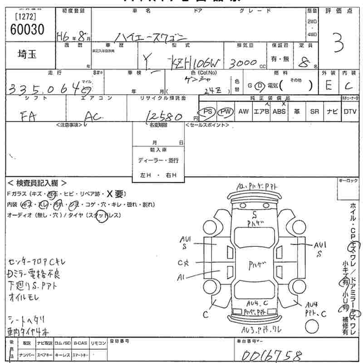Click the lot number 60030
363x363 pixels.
(27, 29)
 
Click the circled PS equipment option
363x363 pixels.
(208, 112)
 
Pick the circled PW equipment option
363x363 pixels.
(225, 112)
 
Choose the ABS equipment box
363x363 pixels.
(279, 112)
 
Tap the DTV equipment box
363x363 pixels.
(350, 112)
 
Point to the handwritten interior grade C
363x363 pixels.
(348, 85)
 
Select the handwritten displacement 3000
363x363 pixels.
(244, 63)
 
